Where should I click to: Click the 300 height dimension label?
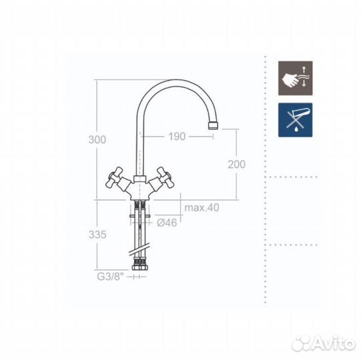point(97,139)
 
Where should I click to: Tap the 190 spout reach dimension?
point(177,137)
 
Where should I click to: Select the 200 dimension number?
point(237,165)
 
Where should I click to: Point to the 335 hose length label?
point(97,235)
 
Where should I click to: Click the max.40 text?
point(202,207)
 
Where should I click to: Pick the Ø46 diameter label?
point(167,223)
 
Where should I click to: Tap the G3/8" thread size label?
point(110,277)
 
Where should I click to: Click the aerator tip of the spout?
point(214,125)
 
